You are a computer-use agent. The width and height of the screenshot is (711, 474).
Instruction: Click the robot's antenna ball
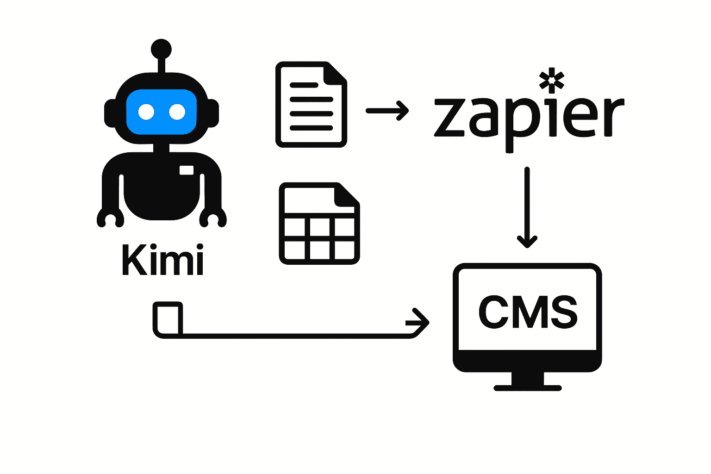161,49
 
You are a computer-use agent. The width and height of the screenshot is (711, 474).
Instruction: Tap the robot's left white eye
146,112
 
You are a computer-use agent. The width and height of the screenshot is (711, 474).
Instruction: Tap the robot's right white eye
177,112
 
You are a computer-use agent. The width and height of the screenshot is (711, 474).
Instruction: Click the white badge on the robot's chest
187,170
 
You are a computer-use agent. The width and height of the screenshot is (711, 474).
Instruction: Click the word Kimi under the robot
162,260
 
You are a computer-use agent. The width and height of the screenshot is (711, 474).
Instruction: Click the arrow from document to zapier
387,111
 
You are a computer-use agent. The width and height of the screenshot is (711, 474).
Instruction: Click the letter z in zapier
449,118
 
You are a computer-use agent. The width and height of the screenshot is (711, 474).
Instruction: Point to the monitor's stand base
527,387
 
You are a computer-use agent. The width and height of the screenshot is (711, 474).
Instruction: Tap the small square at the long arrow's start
168,318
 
